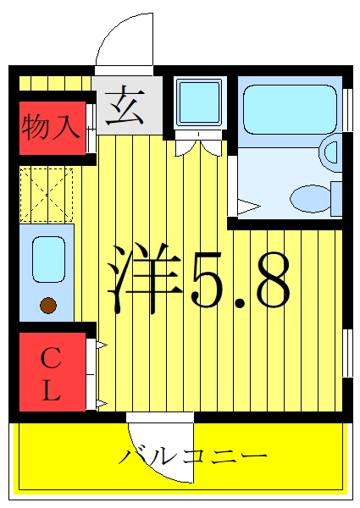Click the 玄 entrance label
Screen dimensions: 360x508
[x=125, y=106]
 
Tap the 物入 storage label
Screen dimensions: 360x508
[x=51, y=127]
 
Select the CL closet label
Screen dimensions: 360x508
[x=51, y=373]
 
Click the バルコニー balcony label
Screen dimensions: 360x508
[x=192, y=457]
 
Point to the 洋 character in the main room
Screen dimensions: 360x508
[x=145, y=278]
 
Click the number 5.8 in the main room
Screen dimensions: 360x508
[x=241, y=279]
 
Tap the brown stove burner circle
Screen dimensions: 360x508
[x=48, y=305]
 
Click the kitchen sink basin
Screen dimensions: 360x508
[x=48, y=259]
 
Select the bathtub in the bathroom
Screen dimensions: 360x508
[x=290, y=109]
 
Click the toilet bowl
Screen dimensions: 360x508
[x=310, y=198]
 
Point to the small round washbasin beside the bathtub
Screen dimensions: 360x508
[x=330, y=151]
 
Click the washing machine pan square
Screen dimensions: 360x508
[x=198, y=102]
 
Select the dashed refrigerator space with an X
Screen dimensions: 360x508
[x=47, y=195]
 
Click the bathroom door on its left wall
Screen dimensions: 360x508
[x=232, y=185]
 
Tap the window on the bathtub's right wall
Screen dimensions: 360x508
[x=347, y=109]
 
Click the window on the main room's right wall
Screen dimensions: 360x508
[x=347, y=353]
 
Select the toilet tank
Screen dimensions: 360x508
[x=336, y=199]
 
